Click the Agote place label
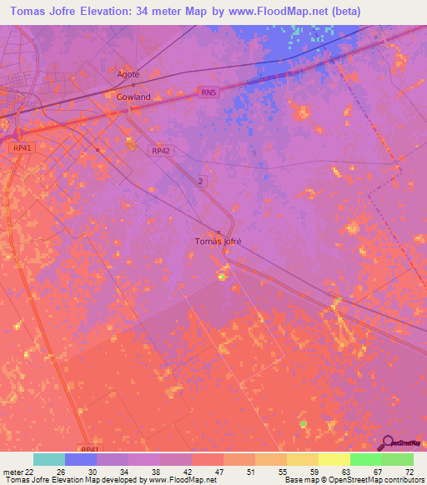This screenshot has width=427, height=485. pyautogui.click(x=128, y=73)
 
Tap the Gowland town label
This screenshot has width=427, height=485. pyautogui.click(x=133, y=97)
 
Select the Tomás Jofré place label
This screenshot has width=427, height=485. pyautogui.click(x=218, y=242)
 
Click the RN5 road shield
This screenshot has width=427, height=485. pyautogui.click(x=208, y=93)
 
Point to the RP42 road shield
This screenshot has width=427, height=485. pyautogui.click(x=161, y=151)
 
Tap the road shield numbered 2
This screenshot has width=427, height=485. pyautogui.click(x=200, y=181)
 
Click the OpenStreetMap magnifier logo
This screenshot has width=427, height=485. pyautogui.click(x=387, y=442)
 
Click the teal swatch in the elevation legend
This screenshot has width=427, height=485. pyautogui.click(x=48, y=459)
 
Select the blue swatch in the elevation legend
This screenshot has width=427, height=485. pyautogui.click(x=80, y=459)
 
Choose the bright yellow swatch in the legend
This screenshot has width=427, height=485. pyautogui.click(x=334, y=459)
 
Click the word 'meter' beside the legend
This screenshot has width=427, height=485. pyautogui.click(x=12, y=472)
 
